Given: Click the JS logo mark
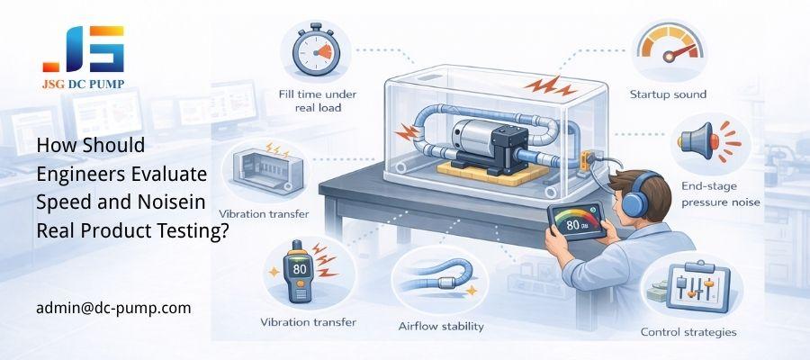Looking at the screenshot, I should pos(83,49).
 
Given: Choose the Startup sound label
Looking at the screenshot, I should pos(667,94).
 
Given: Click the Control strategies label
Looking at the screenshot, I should pos(688,332).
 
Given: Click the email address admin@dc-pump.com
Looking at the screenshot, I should pos(113,308).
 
